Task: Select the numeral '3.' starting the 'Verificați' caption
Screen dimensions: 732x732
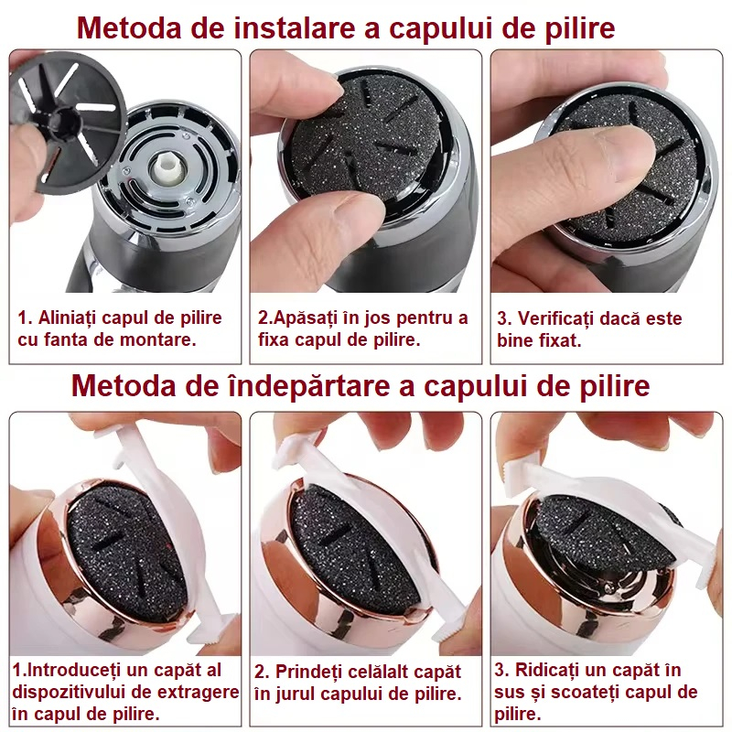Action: [x=503, y=319]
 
